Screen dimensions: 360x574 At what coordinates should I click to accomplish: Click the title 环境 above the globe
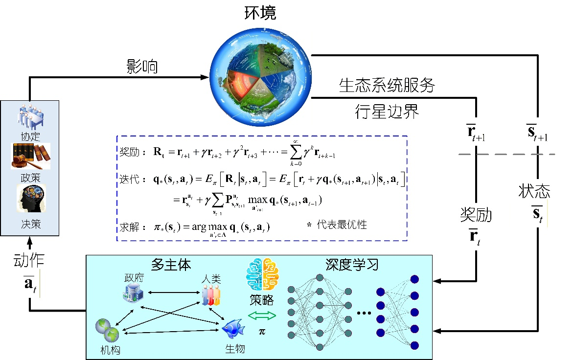(x=260, y=13)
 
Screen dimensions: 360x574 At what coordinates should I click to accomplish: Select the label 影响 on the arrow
(x=142, y=67)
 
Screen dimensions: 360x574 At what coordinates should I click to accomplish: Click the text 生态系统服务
(x=387, y=86)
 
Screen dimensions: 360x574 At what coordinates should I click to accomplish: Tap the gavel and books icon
(x=30, y=156)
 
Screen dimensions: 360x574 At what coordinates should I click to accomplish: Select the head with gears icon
(x=31, y=198)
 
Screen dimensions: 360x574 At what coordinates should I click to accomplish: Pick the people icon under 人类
(x=211, y=295)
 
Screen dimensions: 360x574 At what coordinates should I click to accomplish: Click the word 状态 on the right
(x=534, y=191)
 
